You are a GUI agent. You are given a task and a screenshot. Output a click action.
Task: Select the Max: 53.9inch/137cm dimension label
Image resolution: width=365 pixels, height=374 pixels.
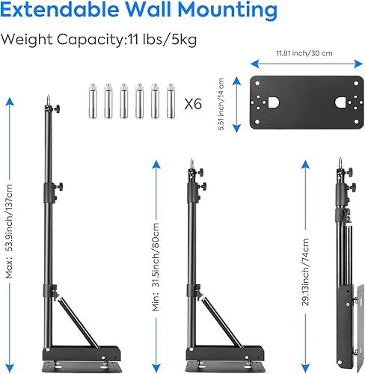10,231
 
